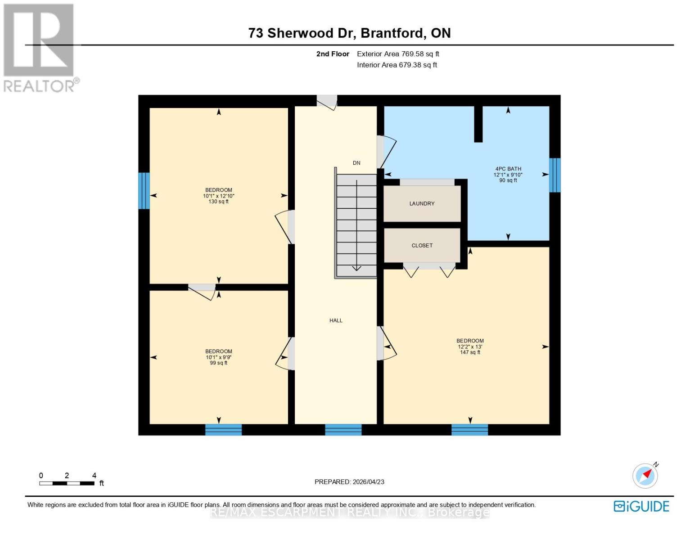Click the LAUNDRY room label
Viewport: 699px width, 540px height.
(x=422, y=203)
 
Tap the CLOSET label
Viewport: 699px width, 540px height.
(x=422, y=245)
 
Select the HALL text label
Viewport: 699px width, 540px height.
(x=336, y=320)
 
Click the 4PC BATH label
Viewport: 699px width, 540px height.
(x=508, y=169)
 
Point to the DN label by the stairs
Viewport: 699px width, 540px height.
(x=356, y=163)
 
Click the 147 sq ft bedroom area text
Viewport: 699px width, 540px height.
(x=470, y=352)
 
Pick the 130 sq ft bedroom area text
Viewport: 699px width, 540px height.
(x=218, y=202)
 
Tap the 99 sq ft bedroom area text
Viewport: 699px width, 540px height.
(x=218, y=363)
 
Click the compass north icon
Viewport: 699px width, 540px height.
(x=645, y=476)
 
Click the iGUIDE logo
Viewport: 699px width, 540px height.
(x=641, y=506)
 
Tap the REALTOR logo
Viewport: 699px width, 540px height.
(x=40, y=47)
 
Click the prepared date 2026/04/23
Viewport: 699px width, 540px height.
(x=349, y=481)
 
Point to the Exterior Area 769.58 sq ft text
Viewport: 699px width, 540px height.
(x=398, y=54)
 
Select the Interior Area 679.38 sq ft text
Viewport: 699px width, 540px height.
(x=397, y=65)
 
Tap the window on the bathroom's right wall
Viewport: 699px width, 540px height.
(x=555, y=175)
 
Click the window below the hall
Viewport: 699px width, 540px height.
(x=343, y=430)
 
